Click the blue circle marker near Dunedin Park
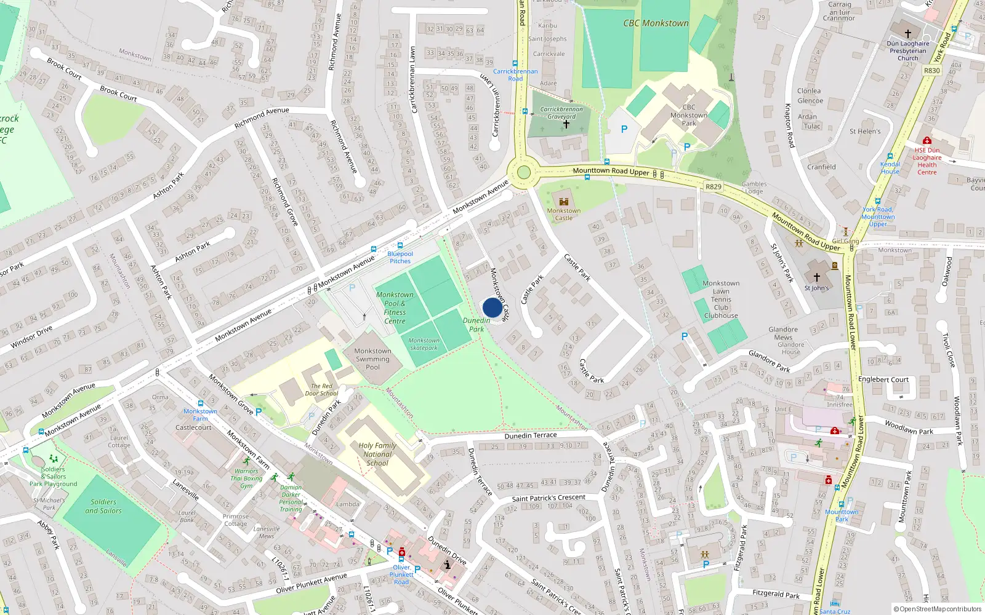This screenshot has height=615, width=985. pos(492,307)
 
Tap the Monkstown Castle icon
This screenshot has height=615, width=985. pos(563,202)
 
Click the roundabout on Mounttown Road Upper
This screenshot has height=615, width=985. pos(523,172)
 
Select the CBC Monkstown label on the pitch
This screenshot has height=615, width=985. pos(656,23)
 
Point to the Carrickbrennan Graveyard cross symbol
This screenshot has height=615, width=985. pos(566,124)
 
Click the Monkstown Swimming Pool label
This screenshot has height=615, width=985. pos(372,359)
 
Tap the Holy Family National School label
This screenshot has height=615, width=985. pos(377,454)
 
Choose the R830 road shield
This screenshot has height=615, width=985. pos(931,71)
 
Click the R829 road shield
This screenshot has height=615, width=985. pos(714,186)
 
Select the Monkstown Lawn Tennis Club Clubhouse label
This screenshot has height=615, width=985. pos(721,300)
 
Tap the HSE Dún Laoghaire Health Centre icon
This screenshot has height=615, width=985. pos(927,141)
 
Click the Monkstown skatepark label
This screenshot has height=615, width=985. pos(424,344)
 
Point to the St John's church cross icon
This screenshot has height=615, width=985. pos(817,277)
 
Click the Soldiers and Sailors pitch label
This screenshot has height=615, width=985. pos(103,506)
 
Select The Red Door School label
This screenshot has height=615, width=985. pos(321,390)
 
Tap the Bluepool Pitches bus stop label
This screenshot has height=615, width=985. pos(400,257)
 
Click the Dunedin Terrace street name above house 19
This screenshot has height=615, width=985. pos(530,435)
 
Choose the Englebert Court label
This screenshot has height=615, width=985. pos(883,379)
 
